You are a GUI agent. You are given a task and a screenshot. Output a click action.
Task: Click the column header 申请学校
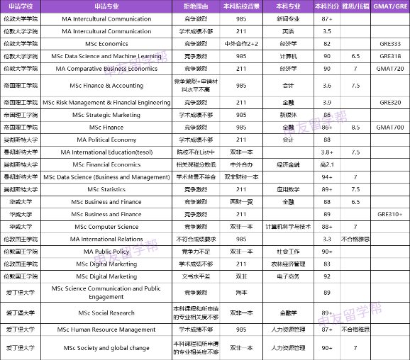(21, 6)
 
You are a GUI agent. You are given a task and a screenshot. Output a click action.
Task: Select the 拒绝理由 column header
(195, 6)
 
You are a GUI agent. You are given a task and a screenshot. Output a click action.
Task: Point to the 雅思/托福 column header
(355, 6)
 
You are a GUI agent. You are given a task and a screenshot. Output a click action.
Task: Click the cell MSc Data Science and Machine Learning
(106, 56)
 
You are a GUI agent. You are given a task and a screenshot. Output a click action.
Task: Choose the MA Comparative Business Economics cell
(106, 69)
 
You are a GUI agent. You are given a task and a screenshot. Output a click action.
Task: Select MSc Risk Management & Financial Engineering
(106, 102)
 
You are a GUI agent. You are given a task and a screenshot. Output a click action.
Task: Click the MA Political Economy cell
(106, 140)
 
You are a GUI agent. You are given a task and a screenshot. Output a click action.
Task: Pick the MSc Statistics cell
(106, 189)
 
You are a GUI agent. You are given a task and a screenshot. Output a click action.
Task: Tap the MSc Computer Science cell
(106, 227)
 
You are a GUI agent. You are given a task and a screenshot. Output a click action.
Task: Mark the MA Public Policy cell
(106, 251)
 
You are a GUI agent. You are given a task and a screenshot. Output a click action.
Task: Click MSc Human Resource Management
(106, 330)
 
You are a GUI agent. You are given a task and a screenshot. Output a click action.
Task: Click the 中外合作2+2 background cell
(241, 44)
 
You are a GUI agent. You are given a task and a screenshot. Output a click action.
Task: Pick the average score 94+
(326, 176)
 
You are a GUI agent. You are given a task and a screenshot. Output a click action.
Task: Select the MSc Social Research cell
(106, 313)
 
